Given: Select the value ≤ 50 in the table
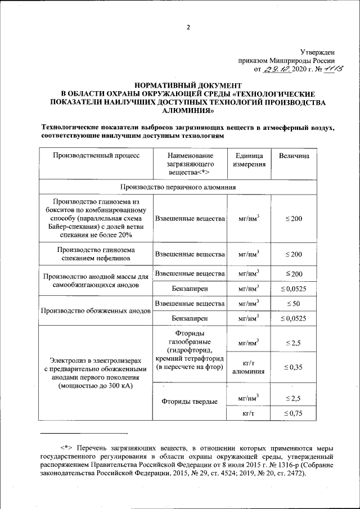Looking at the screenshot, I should pyautogui.click(x=293, y=304).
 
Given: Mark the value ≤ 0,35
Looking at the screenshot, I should pyautogui.click(x=293, y=367).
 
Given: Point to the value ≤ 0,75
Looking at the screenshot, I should pyautogui.click(x=293, y=413).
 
